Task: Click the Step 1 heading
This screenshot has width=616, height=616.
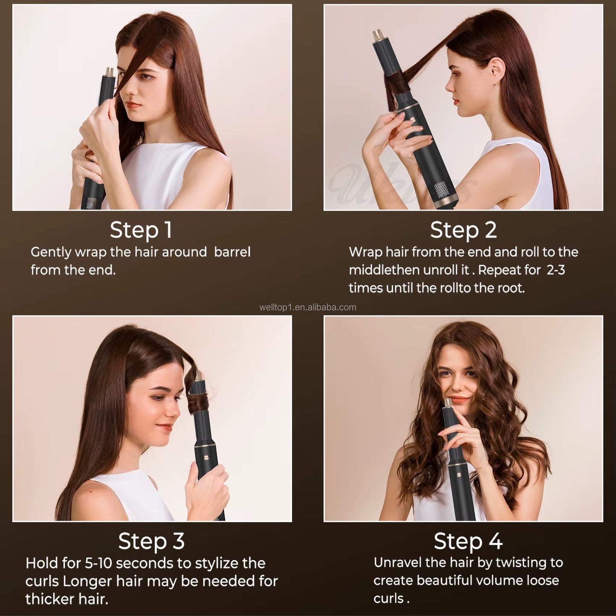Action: (x=141, y=230)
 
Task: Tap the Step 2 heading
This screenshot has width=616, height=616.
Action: (x=463, y=230)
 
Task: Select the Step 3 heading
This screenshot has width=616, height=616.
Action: (x=151, y=541)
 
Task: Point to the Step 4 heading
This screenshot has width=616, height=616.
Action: (x=468, y=541)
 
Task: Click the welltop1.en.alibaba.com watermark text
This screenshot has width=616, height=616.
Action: (x=307, y=307)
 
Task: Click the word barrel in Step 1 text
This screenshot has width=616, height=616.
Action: (x=232, y=252)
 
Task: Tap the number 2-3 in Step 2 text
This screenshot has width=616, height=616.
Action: (x=555, y=270)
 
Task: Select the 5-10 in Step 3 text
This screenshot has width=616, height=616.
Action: (x=99, y=563)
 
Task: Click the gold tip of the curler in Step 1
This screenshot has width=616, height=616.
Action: (x=110, y=72)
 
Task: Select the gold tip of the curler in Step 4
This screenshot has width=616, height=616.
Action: (x=448, y=402)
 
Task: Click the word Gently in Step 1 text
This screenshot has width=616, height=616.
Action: (x=51, y=252)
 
